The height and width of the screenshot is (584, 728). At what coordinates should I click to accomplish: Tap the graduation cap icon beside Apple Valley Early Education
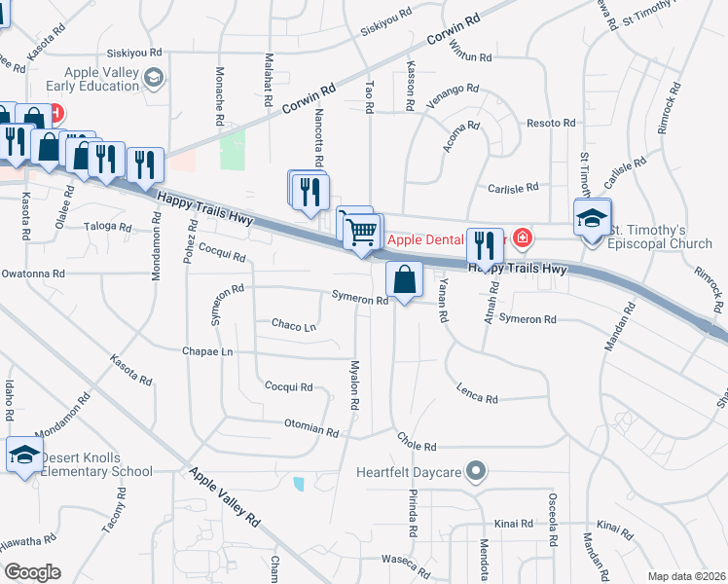click(153, 77)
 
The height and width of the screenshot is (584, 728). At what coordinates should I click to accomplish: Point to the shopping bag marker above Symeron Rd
click(404, 280)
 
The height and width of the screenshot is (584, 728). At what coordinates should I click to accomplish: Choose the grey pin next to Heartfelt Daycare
click(476, 471)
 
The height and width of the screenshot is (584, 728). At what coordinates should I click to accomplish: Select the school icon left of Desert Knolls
click(24, 455)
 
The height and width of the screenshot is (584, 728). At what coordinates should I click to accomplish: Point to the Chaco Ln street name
click(294, 326)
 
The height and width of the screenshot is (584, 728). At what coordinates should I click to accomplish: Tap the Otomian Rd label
click(310, 428)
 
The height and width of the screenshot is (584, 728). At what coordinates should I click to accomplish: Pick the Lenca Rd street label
click(477, 394)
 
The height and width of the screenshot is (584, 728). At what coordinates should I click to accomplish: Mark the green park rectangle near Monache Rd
click(233, 150)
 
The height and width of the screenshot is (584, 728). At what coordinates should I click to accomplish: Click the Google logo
click(31, 572)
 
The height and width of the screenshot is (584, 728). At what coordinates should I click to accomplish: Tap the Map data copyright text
click(687, 576)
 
